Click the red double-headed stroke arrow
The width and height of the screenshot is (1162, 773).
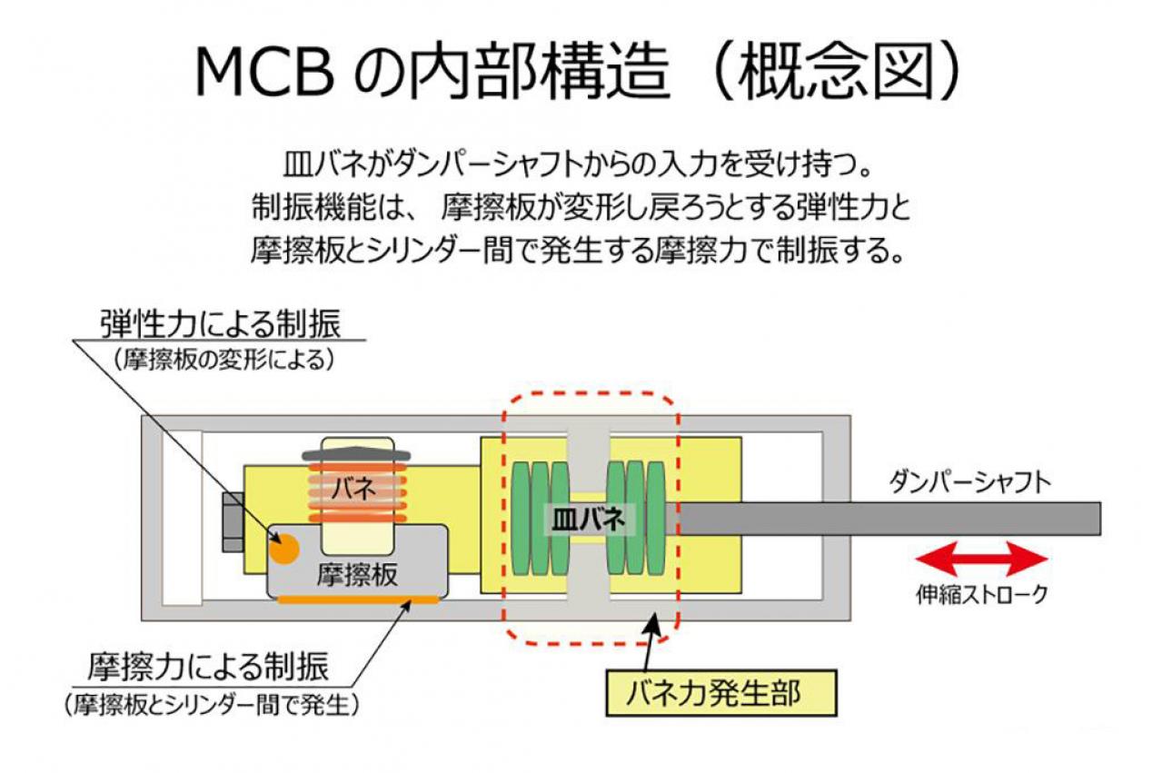point(981,560)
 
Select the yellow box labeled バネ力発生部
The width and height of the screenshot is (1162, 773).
point(721,693)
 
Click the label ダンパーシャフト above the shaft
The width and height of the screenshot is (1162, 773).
point(969,483)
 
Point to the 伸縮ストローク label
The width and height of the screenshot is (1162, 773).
point(982,595)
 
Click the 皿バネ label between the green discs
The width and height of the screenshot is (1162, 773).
point(588,520)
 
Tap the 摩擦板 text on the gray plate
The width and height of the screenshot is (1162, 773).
point(357,575)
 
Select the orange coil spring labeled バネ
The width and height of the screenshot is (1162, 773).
point(357,492)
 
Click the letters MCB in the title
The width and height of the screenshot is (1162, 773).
point(264,72)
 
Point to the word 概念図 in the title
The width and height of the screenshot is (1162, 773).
point(834,73)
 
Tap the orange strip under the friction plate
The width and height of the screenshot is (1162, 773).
point(357,600)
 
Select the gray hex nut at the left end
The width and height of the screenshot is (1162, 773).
point(233,521)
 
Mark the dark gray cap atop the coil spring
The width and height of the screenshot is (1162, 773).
point(357,453)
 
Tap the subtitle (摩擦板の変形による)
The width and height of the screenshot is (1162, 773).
point(223,361)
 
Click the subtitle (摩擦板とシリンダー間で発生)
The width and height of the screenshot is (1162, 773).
point(212,705)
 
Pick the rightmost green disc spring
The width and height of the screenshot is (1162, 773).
point(656,518)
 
